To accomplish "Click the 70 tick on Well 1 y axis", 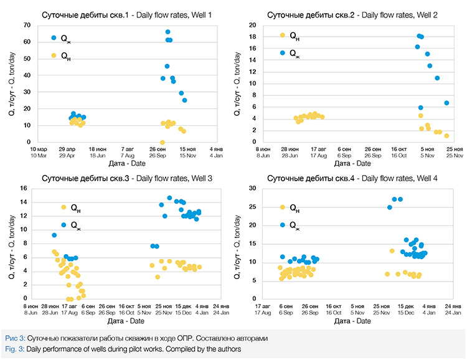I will pyautogui.click(x=27, y=25).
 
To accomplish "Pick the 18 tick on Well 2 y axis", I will pyautogui.click(x=253, y=37).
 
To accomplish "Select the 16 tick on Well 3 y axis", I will pyautogui.click(x=27, y=189).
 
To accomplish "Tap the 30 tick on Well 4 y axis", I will pyautogui.click(x=253, y=189).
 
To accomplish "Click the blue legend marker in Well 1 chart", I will pyautogui.click(x=54, y=39).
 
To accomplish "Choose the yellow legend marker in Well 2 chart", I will pyautogui.click(x=283, y=36).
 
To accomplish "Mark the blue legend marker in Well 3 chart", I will pyautogui.click(x=64, y=225).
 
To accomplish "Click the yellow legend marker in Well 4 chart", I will pyautogui.click(x=283, y=207).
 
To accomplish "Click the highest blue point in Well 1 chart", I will pyautogui.click(x=168, y=32).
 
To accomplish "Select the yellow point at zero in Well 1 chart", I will pyautogui.click(x=163, y=142).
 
